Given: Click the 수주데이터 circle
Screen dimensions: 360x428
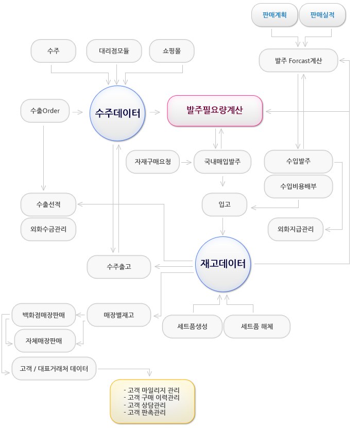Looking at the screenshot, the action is click(x=117, y=113).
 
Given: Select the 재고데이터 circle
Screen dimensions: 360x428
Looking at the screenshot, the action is click(x=223, y=264).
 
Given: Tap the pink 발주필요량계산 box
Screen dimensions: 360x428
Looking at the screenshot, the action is click(x=215, y=111).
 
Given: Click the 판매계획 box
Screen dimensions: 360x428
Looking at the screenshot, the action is click(x=275, y=15).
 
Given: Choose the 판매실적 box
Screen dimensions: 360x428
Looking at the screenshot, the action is click(x=322, y=15).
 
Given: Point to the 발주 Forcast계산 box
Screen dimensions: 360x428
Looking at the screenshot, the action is click(x=298, y=60).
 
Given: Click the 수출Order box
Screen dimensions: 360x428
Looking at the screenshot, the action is click(x=45, y=111).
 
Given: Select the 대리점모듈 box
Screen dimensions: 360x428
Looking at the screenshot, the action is click(x=114, y=51).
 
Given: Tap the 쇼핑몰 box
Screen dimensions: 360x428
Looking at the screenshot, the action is click(x=172, y=51).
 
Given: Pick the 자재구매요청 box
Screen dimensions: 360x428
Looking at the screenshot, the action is click(x=152, y=162).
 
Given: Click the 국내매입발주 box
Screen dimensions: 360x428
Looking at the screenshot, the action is click(x=222, y=162).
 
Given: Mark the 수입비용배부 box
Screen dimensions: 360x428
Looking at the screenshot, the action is click(x=298, y=186).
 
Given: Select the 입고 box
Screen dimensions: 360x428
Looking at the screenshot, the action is click(x=225, y=204).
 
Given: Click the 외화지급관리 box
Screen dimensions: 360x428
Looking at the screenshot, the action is click(x=296, y=229).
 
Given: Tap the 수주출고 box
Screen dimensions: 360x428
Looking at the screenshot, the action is click(x=119, y=267).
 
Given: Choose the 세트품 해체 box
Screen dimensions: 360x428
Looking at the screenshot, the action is click(x=257, y=327).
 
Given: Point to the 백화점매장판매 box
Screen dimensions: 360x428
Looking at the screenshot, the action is click(x=44, y=315).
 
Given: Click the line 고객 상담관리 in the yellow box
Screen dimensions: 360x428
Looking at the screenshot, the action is click(x=145, y=405).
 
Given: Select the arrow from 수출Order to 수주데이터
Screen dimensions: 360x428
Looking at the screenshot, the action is click(x=78, y=112).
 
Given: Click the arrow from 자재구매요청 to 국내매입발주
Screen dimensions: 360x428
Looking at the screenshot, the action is click(x=186, y=162).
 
